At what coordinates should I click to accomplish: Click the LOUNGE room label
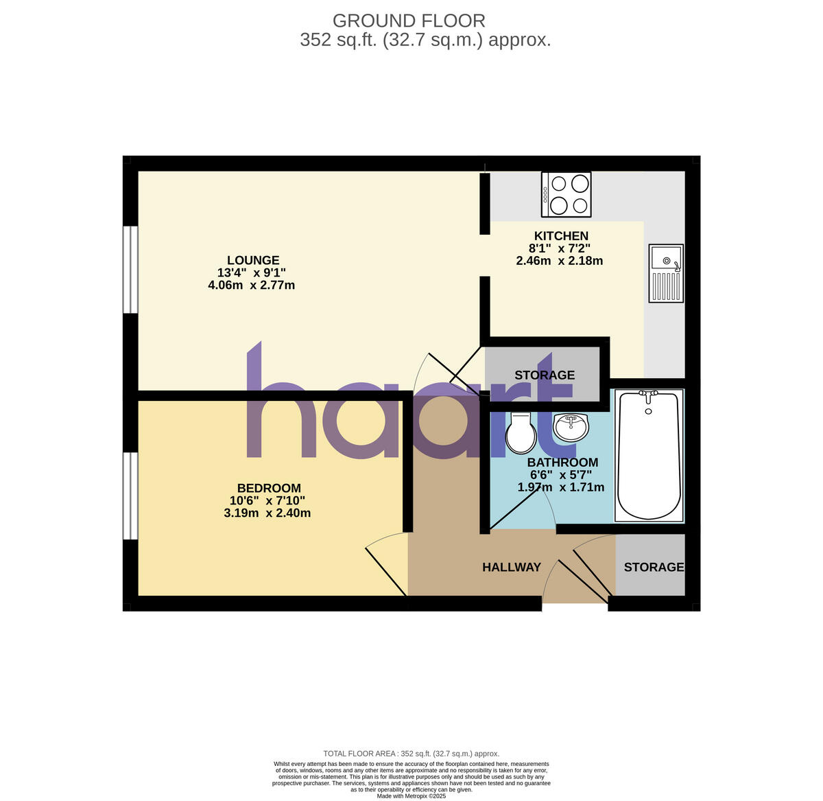click(x=253, y=260)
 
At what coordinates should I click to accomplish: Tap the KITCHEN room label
click(x=561, y=236)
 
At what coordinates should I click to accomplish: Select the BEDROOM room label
click(x=265, y=488)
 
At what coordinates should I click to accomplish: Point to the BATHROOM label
click(x=562, y=463)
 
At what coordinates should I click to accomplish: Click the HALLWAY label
click(x=512, y=567)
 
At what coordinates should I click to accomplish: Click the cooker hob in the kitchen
click(x=566, y=194)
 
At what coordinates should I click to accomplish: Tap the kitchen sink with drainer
click(x=666, y=273)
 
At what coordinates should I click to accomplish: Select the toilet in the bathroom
click(x=521, y=432)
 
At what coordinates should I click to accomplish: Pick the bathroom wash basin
click(x=571, y=427)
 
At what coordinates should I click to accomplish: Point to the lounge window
click(x=130, y=269)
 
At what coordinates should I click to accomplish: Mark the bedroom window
click(x=130, y=495)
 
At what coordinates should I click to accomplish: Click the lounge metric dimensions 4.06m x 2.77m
click(x=252, y=285)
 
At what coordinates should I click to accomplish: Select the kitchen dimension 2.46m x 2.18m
click(x=560, y=261)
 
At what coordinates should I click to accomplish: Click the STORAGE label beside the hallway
click(x=654, y=567)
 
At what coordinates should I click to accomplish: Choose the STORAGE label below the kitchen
click(x=545, y=375)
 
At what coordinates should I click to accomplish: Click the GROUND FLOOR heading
click(x=409, y=21)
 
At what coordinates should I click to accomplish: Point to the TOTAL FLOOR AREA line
click(x=411, y=754)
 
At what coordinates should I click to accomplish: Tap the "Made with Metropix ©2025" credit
click(x=411, y=796)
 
